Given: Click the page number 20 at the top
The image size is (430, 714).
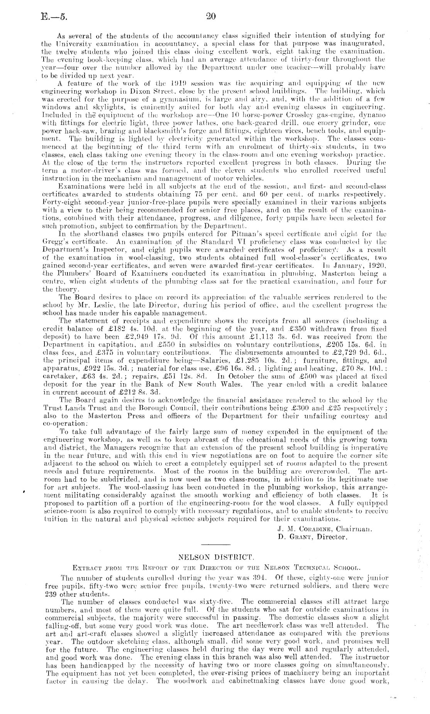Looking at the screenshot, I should [x=211, y=16].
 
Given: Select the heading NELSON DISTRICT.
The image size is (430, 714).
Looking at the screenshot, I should [x=214, y=557].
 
